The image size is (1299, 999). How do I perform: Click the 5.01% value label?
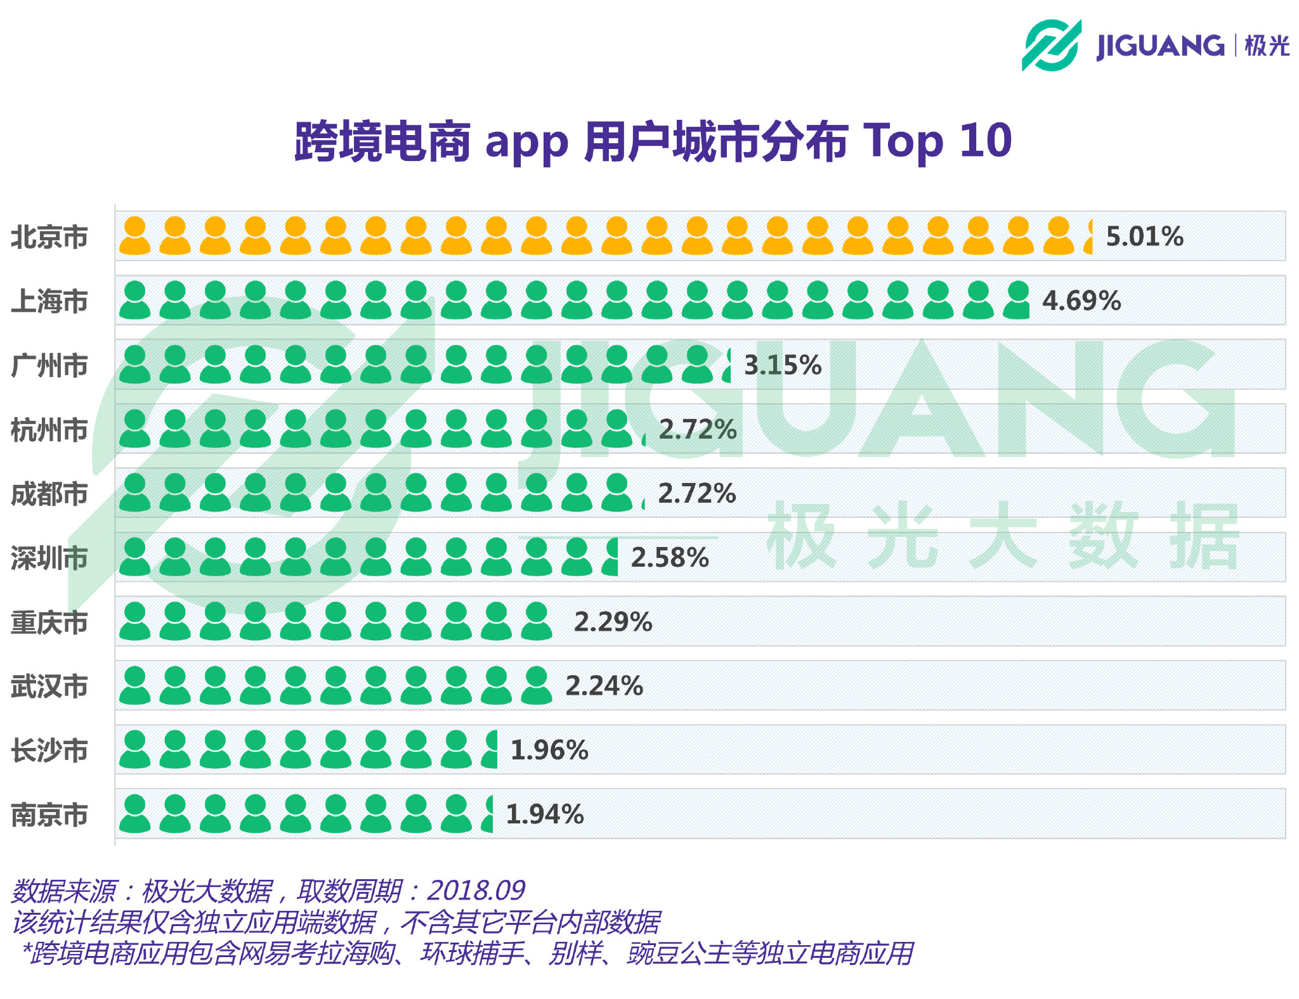click(1144, 236)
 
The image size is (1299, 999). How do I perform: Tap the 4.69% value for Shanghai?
click(1081, 301)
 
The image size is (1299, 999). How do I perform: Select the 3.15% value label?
click(782, 365)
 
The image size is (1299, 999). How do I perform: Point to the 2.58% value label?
click(670, 558)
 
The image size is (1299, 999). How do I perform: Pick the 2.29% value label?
click(613, 622)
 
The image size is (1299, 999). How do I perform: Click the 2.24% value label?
click(604, 686)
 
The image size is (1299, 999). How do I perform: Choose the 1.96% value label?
click(549, 751)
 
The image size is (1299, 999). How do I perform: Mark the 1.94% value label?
click(545, 815)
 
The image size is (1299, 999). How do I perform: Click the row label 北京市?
click(49, 237)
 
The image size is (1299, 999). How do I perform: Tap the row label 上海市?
click(49, 301)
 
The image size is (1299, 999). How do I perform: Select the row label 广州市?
click(49, 366)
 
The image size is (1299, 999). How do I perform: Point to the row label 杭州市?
click(49, 430)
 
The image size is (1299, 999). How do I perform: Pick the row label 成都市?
click(49, 494)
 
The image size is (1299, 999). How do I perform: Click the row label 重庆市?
click(49, 622)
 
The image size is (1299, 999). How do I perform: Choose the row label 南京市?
click(49, 815)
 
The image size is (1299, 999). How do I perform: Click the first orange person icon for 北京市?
click(134, 236)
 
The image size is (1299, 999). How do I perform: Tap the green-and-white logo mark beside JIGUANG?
click(1051, 45)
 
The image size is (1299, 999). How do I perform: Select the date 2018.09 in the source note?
click(476, 891)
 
